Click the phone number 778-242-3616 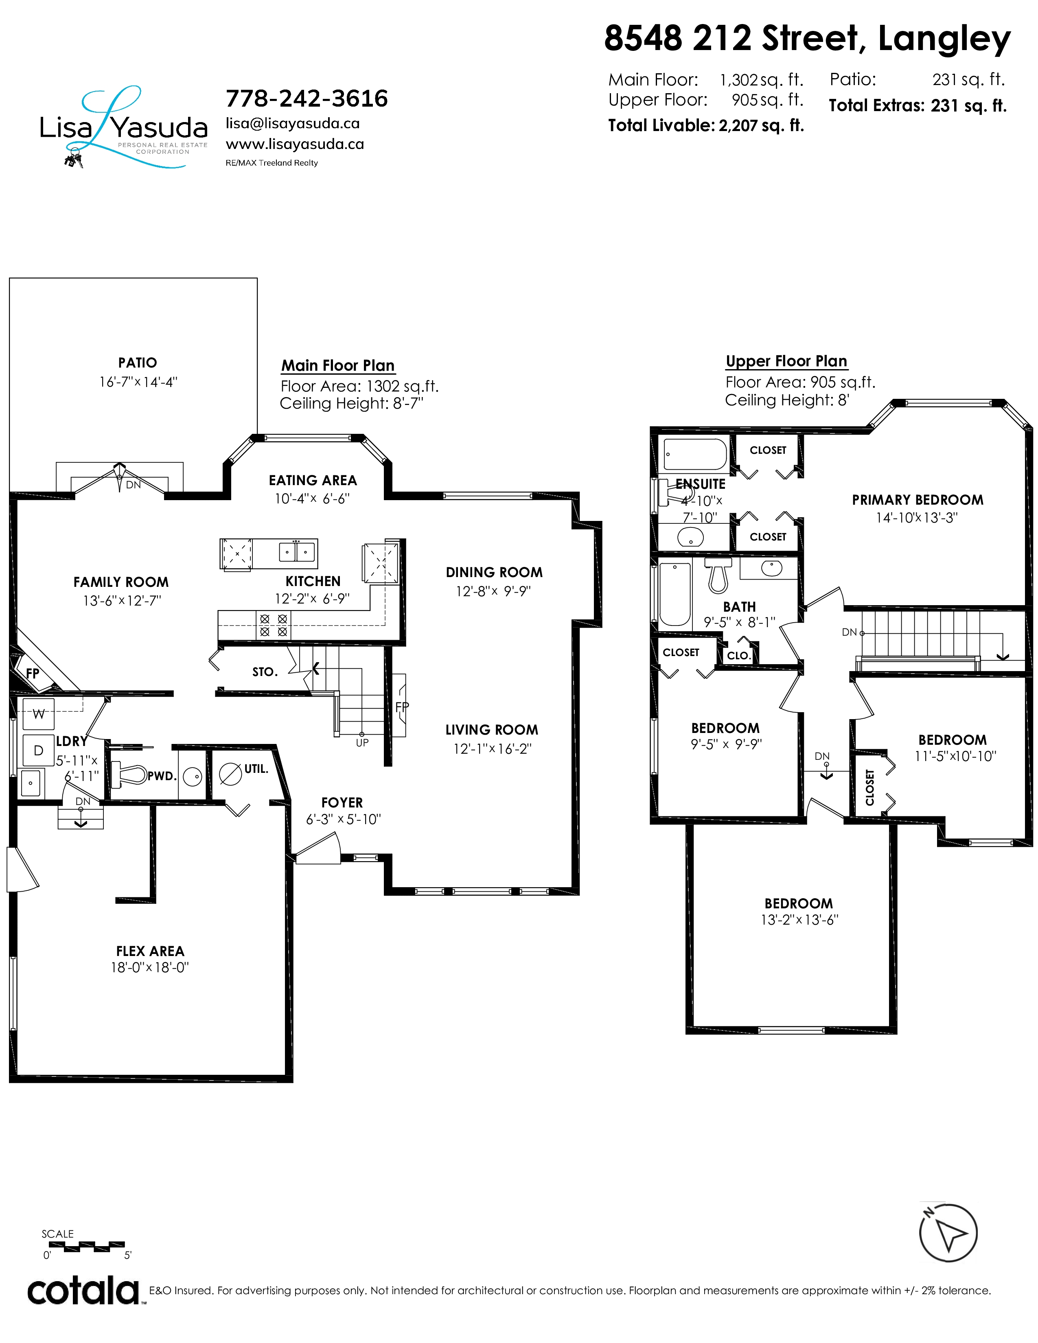307,98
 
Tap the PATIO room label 138,363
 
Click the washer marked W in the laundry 38,714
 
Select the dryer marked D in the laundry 38,750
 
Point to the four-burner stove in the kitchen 274,626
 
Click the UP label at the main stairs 362,743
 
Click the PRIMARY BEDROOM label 918,500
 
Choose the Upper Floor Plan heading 786,361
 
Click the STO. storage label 265,672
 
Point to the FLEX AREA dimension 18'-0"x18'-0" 149,967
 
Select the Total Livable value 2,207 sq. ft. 761,125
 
